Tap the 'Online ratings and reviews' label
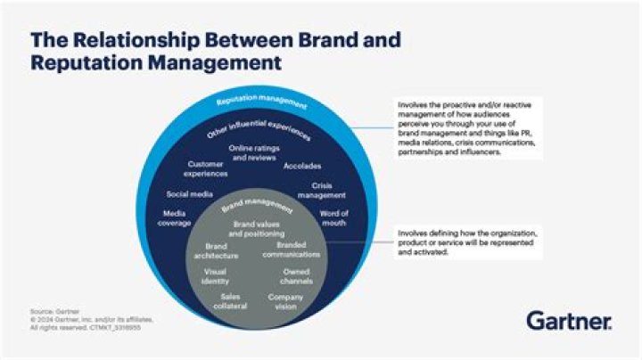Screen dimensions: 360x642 click(x=251, y=152)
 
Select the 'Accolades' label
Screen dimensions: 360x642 click(x=303, y=166)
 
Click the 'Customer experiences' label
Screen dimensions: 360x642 click(x=206, y=168)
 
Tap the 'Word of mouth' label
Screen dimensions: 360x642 click(x=334, y=217)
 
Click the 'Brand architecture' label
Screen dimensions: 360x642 click(x=216, y=250)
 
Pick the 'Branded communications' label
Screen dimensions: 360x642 click(x=298, y=249)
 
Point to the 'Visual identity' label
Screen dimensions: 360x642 click(x=215, y=275)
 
